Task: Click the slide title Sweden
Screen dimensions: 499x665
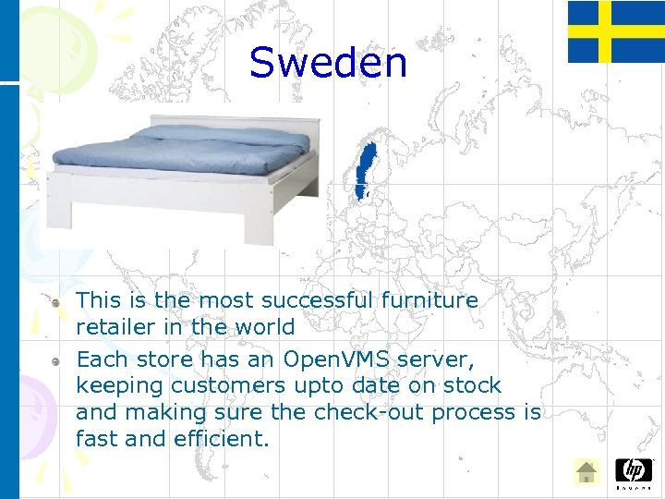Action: coord(328,63)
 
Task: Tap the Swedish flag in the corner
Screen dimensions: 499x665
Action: coord(615,31)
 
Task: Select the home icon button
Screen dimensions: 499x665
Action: coord(586,472)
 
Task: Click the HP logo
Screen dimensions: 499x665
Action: coord(633,471)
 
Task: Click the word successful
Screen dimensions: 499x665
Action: coord(317,300)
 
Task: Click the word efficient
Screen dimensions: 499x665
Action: coord(221,439)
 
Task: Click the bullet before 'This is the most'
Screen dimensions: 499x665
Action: coord(58,301)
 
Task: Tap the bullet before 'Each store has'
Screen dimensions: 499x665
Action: coord(58,359)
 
